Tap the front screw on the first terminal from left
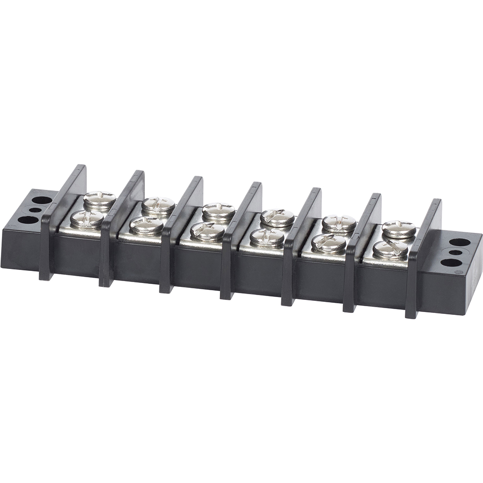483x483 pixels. (87, 219)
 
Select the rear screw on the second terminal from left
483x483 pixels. (158, 205)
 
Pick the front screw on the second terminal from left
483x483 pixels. (147, 225)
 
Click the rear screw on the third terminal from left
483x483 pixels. (218, 211)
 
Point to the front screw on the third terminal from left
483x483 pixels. (207, 231)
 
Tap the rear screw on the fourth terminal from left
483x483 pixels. (277, 217)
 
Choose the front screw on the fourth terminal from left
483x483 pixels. (267, 237)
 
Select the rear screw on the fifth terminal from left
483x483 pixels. (339, 223)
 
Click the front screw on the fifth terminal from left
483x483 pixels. (328, 243)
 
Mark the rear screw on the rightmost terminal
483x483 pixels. (399, 229)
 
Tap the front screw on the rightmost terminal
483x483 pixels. (390, 249)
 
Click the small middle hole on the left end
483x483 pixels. (34, 209)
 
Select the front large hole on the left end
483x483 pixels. (28, 220)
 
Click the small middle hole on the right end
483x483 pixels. (455, 252)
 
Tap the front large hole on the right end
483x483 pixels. (450, 263)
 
